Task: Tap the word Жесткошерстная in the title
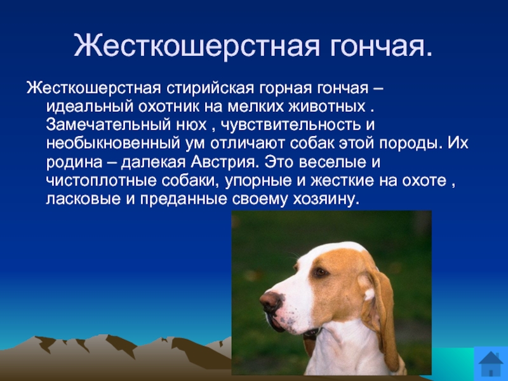[197, 45]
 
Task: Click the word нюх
[192, 125]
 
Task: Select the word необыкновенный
[113, 144]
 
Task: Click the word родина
[74, 163]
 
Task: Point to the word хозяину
[326, 199]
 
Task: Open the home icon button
[491, 363]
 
